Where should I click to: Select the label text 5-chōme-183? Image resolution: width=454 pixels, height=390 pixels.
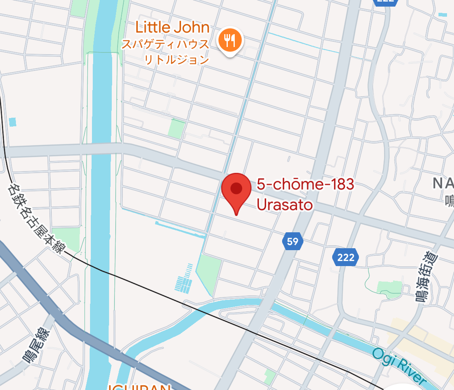point(305,184)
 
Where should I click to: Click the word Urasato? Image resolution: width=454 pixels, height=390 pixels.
point(285,204)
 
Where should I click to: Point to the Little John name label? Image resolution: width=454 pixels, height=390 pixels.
point(172,28)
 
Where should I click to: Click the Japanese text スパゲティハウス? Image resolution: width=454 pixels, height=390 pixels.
point(165,44)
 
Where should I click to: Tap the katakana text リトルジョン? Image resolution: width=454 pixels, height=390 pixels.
point(177,59)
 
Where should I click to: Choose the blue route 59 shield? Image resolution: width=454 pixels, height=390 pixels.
point(293,242)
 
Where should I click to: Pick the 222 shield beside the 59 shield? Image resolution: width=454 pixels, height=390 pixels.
point(345,257)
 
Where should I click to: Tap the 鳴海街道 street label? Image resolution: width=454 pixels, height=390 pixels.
point(428,277)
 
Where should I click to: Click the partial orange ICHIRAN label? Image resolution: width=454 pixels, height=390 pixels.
point(140,387)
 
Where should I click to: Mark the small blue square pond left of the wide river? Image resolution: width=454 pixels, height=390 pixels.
point(12,122)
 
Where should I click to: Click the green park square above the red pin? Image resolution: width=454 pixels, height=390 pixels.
point(176,129)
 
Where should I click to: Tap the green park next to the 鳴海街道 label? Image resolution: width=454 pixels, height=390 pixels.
point(389,287)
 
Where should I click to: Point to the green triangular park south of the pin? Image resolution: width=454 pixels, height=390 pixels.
point(209,273)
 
